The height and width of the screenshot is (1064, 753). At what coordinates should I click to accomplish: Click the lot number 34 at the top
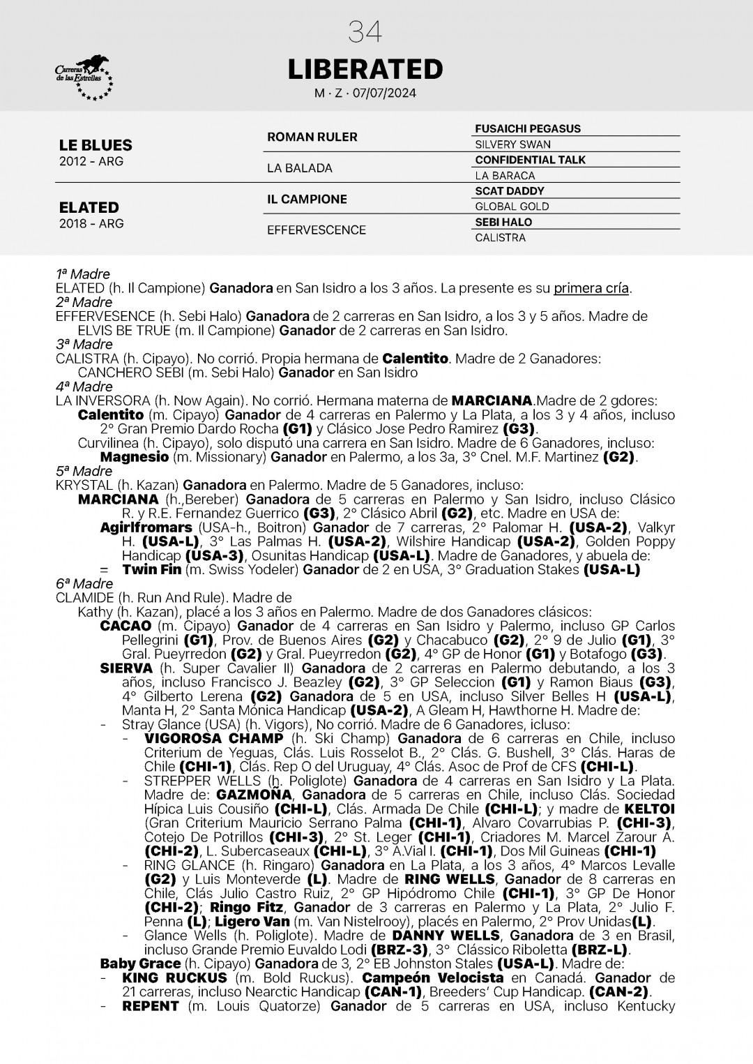coord(365,32)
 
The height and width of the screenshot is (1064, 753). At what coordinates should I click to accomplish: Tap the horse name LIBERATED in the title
coord(365,69)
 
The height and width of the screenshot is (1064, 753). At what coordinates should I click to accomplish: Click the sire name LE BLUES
coord(96,145)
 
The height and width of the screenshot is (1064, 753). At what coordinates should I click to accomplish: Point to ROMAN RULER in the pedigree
coord(312,137)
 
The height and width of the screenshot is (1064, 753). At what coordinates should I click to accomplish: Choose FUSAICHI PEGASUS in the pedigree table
coord(527,128)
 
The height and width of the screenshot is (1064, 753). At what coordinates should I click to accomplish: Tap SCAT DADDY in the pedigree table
coord(509,190)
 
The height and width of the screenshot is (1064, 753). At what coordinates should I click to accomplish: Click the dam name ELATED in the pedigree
coord(89,207)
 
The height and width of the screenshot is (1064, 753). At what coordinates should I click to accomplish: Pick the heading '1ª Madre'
coord(83,274)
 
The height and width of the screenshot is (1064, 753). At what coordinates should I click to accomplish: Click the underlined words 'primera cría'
coord(591,288)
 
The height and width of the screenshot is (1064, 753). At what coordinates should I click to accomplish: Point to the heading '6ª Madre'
coord(84,583)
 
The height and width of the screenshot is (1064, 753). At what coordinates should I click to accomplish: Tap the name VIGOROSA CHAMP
coord(213,738)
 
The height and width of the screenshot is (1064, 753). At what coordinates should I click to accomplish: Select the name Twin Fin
coord(151,569)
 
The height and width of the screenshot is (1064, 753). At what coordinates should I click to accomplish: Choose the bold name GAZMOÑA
coord(255,795)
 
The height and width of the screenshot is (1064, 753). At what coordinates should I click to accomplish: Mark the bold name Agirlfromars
coord(146,527)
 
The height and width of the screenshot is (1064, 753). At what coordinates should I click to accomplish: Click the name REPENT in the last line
coord(151,1006)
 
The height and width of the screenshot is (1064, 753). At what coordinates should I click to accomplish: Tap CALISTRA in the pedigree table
coord(500,237)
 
